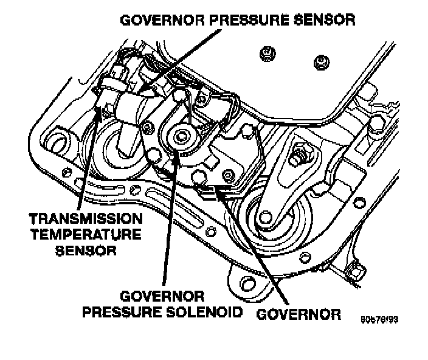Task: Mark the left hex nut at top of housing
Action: point(266,54)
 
